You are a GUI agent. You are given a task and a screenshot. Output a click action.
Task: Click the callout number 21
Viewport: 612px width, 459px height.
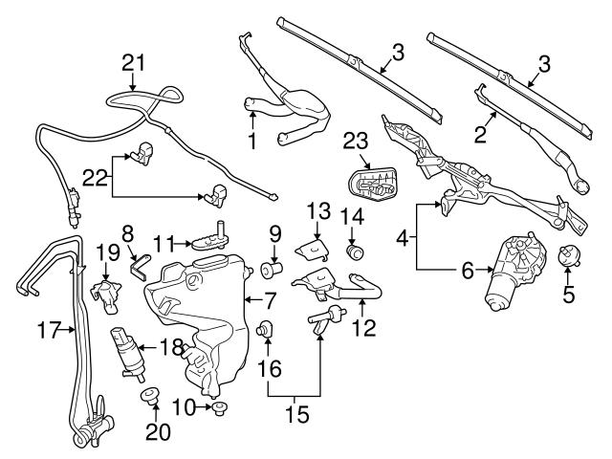pos(134,63)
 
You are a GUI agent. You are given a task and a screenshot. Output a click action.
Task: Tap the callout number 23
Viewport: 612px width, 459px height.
pos(356,141)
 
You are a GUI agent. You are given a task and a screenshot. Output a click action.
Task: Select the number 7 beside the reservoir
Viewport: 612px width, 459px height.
pos(271,301)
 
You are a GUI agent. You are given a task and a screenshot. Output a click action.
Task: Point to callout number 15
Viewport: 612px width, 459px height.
pos(297,414)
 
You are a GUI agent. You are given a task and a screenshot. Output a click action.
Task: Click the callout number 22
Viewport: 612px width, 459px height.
pos(95,179)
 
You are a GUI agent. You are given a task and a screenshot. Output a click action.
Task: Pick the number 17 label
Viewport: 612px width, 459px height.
pos(49,330)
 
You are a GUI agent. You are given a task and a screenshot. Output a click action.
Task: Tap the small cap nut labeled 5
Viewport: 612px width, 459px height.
pos(570,256)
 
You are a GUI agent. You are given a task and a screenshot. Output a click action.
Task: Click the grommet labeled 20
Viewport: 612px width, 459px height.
pos(150,395)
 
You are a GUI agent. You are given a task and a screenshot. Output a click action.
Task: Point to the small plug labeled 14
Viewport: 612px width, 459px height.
pos(355,251)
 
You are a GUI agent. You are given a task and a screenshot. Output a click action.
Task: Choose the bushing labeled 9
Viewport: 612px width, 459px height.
pos(272,270)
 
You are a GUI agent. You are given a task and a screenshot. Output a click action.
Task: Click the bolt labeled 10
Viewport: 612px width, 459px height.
pos(220,409)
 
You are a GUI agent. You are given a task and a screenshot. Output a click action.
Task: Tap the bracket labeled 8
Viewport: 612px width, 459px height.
pos(139,267)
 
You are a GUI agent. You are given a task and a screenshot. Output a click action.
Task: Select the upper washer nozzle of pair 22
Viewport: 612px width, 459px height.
pos(142,153)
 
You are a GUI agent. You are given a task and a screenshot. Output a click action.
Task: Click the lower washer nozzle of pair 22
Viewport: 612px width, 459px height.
pos(217,196)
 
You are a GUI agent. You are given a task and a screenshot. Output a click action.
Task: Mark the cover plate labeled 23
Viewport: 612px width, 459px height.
pos(372,185)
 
